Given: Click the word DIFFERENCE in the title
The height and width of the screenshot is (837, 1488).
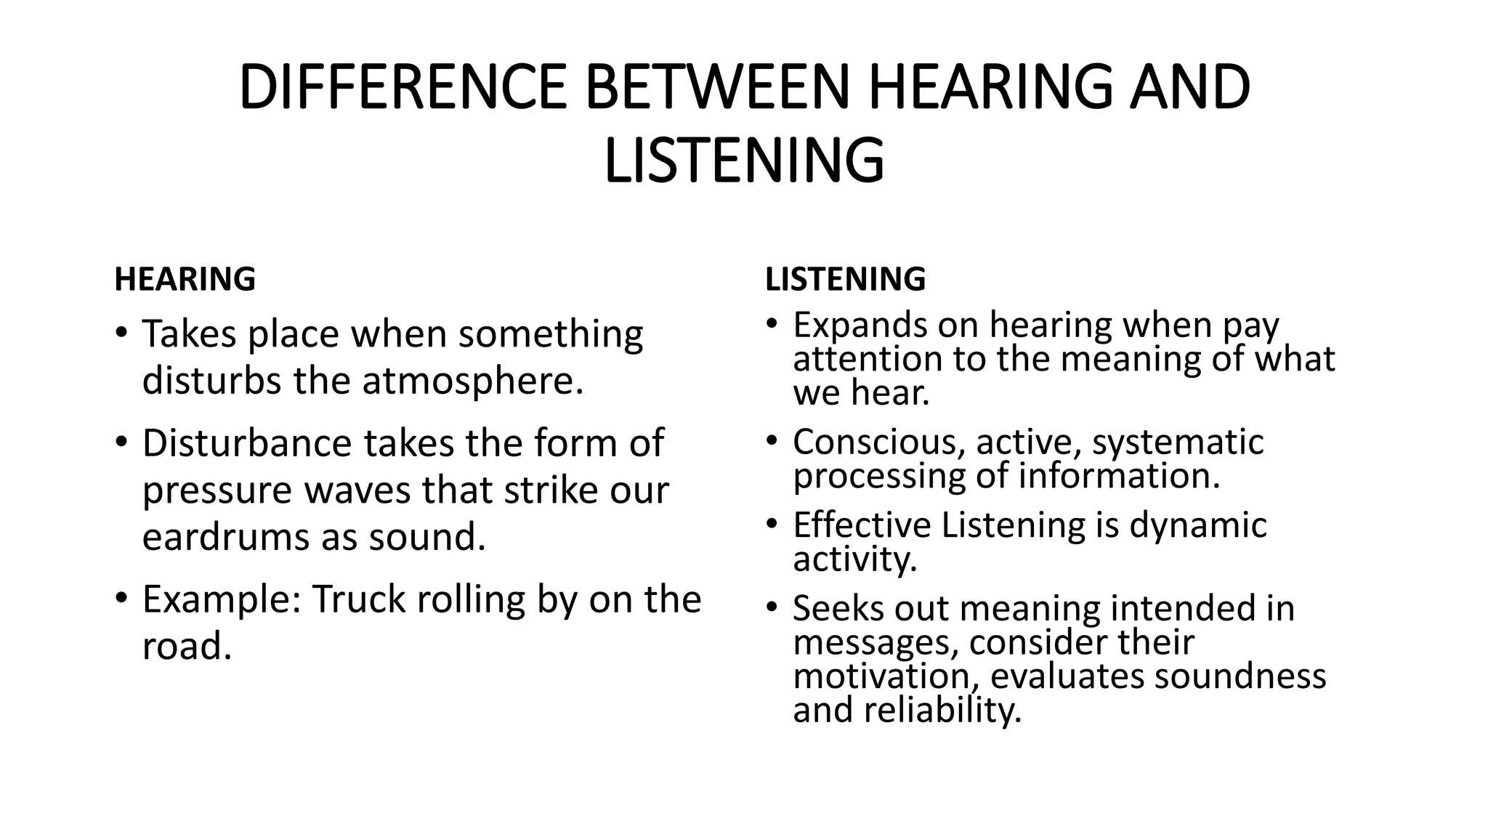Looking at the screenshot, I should point(402,87).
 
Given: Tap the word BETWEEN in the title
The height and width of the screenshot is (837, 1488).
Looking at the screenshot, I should point(717,87).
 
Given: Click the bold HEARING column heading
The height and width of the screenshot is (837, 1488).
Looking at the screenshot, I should point(185,280).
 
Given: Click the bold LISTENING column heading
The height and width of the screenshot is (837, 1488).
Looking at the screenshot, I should point(845,280).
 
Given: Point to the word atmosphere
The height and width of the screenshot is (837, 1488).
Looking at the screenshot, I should point(472,381).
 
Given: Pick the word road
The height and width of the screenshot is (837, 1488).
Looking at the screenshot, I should point(186,646).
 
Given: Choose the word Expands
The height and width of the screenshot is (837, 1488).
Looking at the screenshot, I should point(859,325).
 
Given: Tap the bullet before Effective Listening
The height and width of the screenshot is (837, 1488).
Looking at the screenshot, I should point(772,524).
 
